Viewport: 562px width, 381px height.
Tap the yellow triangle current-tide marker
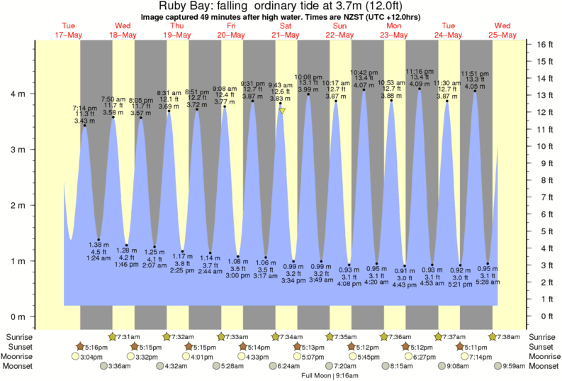[282, 111]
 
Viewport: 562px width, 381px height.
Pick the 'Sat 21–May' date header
[286, 31]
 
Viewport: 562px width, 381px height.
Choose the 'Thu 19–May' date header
[177, 31]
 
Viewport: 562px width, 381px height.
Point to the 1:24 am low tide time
[99, 258]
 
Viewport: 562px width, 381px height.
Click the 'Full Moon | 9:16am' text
[332, 376]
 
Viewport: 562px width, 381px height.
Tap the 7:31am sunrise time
[128, 336]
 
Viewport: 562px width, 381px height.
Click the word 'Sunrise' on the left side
[19, 336]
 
